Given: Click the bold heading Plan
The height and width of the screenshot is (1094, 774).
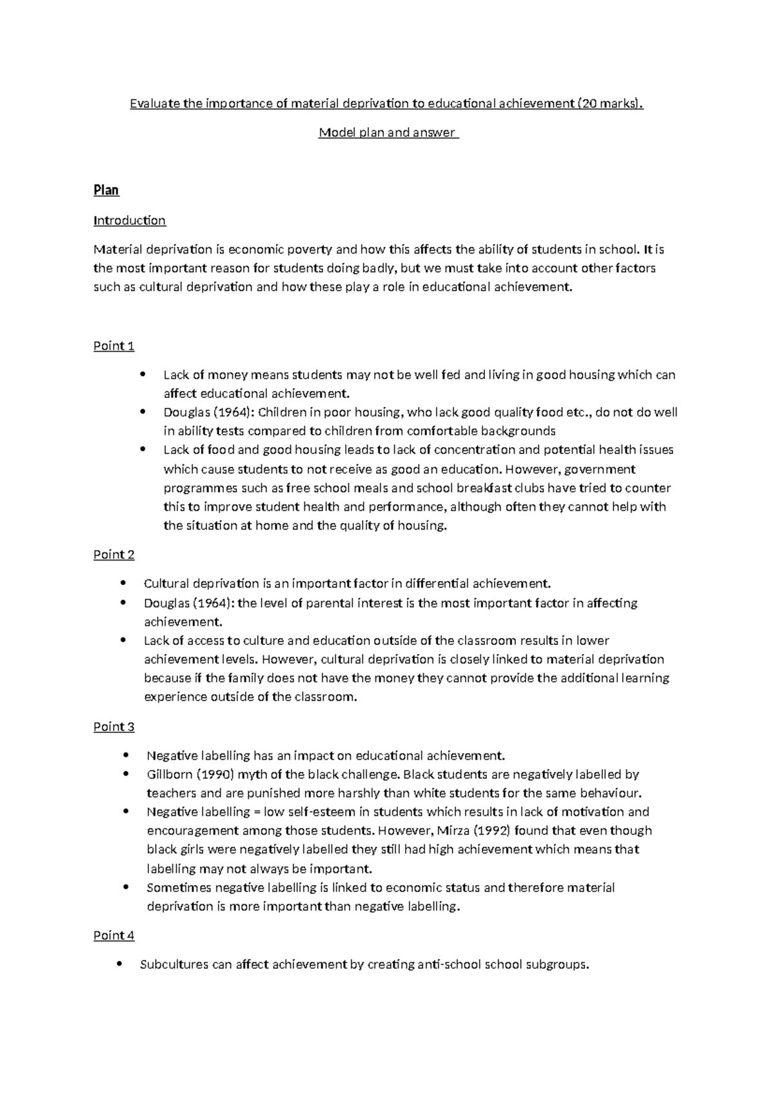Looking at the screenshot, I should click(106, 190).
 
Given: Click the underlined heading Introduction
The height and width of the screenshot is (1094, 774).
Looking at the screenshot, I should click(130, 221).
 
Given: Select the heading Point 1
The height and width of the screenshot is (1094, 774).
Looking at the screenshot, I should click(114, 346).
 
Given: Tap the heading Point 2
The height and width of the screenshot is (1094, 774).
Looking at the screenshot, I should click(114, 555).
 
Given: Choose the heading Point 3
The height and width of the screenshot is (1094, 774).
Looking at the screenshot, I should click(114, 727).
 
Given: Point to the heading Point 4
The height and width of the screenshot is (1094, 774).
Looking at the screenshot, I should click(114, 935).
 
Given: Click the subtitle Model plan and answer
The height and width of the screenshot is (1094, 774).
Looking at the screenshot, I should click(387, 133).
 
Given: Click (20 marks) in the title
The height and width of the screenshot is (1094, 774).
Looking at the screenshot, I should click(610, 103).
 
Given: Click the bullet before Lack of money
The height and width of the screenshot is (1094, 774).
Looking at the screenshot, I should click(143, 375).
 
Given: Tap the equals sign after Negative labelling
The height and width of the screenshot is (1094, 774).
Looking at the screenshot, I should click(257, 812).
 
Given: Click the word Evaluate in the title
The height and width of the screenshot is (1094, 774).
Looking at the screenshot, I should click(155, 103).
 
